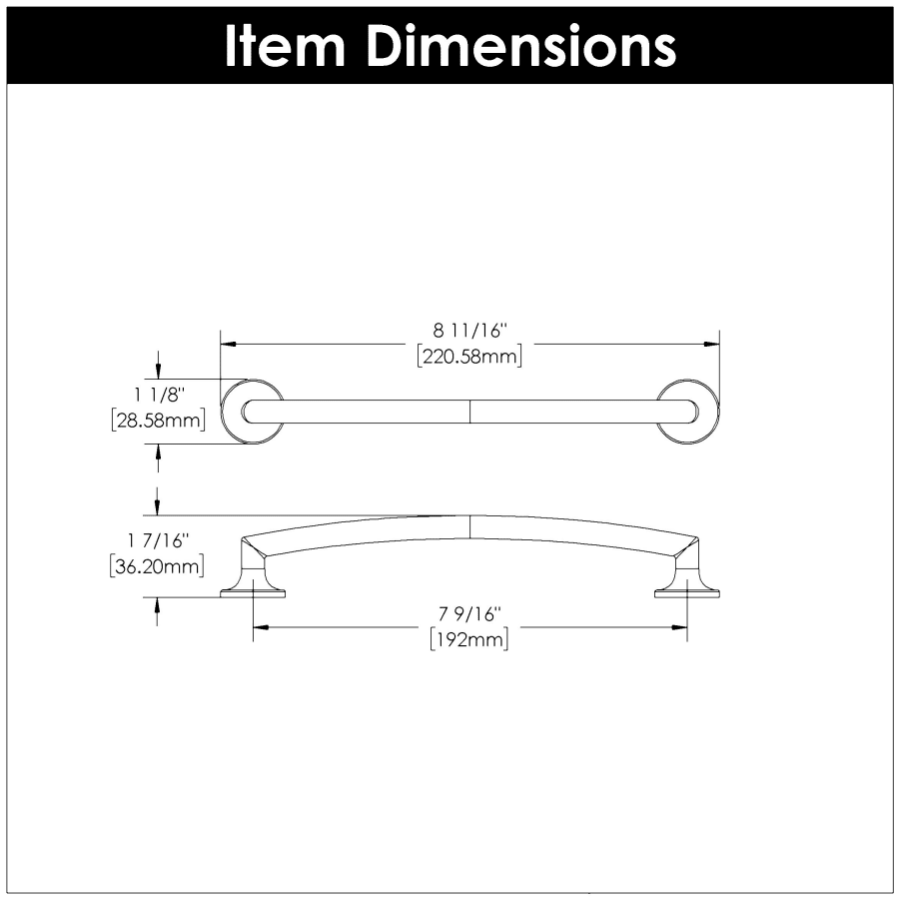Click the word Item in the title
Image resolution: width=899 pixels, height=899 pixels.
tap(285, 46)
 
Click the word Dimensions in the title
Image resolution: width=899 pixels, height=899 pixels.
tap(521, 46)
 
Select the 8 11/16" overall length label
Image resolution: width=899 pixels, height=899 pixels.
tap(470, 331)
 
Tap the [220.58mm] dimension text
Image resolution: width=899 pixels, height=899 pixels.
tap(469, 356)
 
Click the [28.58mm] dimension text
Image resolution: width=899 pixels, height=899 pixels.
tap(158, 421)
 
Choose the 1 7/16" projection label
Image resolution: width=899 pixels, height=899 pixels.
tap(158, 540)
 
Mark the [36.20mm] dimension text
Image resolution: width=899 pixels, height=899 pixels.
tap(157, 566)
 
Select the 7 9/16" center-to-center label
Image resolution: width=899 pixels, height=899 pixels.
tap(470, 614)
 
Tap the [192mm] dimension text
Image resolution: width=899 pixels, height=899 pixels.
tap(469, 639)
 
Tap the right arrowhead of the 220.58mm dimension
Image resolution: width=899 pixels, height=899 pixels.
tap(711, 344)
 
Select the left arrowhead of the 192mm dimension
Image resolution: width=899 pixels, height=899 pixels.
tap(261, 627)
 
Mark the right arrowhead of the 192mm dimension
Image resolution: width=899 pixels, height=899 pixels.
tap(679, 627)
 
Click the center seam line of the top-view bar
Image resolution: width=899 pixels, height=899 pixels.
tap(470, 412)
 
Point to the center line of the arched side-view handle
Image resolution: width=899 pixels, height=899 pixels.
tap(470, 526)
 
